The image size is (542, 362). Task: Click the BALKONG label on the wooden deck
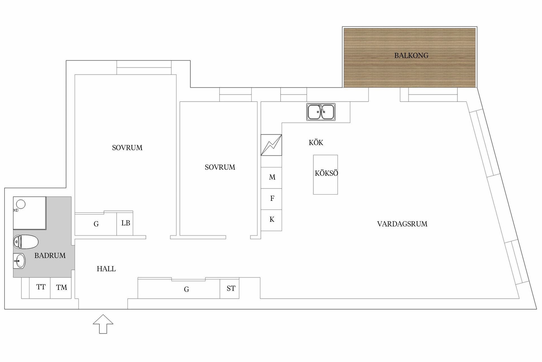pyautogui.click(x=411, y=55)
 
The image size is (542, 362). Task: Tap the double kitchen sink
pyautogui.click(x=321, y=112)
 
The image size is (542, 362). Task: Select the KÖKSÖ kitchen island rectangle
pyautogui.click(x=325, y=174)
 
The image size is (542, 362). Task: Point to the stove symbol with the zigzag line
pyautogui.click(x=271, y=145)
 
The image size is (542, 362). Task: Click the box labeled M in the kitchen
pyautogui.click(x=271, y=178)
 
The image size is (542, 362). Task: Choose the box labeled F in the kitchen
pyautogui.click(x=271, y=199)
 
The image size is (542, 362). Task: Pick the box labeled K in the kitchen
pyautogui.click(x=271, y=220)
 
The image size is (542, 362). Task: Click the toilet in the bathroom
pyautogui.click(x=26, y=242)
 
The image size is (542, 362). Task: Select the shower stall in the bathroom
pyautogui.click(x=30, y=213)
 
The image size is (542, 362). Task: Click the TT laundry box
pyautogui.click(x=40, y=288)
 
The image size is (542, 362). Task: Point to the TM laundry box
pyautogui.click(x=61, y=288)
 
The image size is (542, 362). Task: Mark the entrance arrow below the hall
pyautogui.click(x=103, y=324)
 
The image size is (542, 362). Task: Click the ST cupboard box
pyautogui.click(x=230, y=288)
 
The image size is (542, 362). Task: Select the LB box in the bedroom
pyautogui.click(x=125, y=223)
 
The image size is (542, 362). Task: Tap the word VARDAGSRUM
pyautogui.click(x=402, y=224)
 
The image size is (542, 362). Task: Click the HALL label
pyautogui.click(x=106, y=269)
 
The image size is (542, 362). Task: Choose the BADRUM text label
pyautogui.click(x=50, y=256)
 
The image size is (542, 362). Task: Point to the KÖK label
pyautogui.click(x=316, y=142)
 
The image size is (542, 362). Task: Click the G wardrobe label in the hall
pyautogui.click(x=186, y=289)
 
